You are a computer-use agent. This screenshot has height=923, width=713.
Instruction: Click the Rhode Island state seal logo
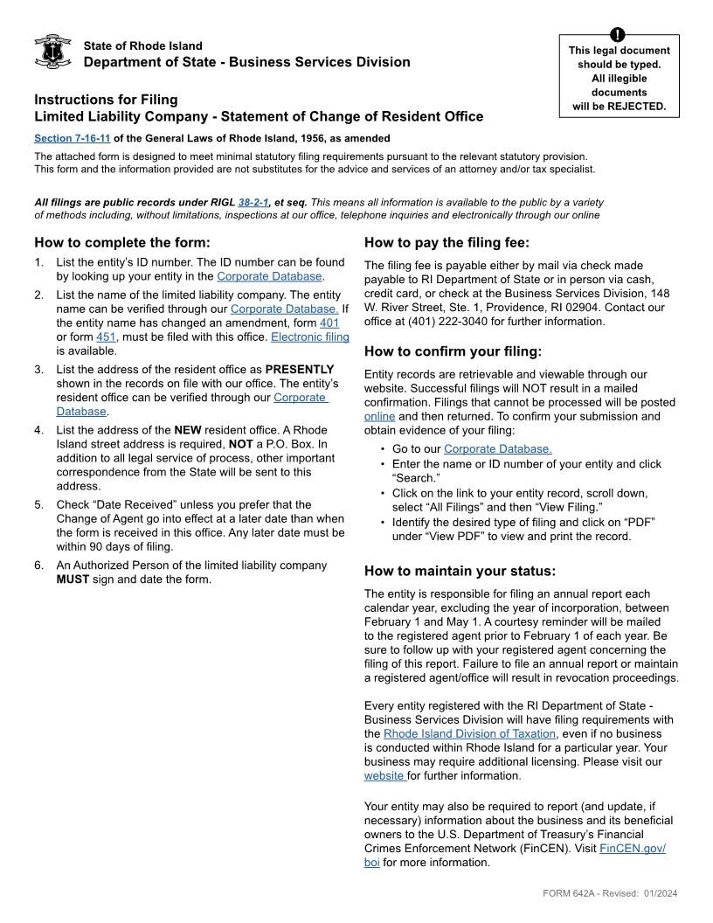click(x=52, y=52)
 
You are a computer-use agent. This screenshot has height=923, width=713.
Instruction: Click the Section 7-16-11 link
click(x=73, y=138)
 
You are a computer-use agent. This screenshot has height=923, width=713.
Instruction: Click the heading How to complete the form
click(x=122, y=243)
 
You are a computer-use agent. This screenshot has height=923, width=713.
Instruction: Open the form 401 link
click(x=329, y=323)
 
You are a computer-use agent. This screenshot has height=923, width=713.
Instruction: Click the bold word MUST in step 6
click(x=73, y=579)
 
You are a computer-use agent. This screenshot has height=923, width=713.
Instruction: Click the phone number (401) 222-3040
click(x=426, y=321)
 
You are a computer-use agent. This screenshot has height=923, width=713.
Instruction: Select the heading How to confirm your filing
click(x=453, y=352)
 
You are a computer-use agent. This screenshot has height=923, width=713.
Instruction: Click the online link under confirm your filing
click(x=379, y=416)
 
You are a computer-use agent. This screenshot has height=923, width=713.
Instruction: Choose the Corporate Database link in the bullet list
click(x=497, y=449)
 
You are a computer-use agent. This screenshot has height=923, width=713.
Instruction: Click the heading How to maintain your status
click(x=460, y=572)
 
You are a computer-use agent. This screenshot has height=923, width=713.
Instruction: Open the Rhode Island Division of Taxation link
click(x=469, y=733)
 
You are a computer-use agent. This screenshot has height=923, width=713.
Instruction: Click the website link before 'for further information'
click(x=384, y=775)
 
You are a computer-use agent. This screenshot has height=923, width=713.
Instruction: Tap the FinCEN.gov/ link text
click(x=633, y=849)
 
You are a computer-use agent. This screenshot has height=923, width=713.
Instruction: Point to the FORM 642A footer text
click(x=610, y=893)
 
